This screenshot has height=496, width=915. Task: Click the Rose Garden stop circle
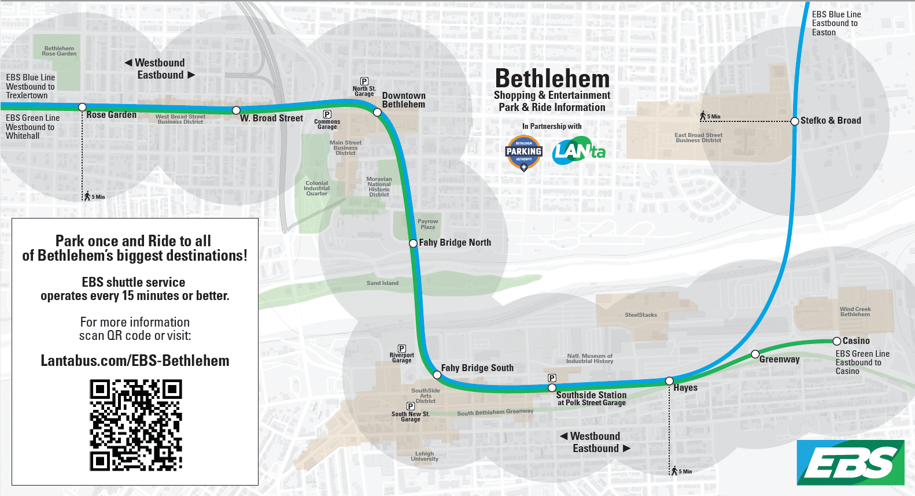tap(82, 108)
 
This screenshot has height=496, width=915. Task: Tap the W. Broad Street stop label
tap(271, 119)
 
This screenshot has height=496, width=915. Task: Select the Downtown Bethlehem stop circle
tap(378, 112)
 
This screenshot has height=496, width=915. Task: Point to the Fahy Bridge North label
tap(455, 243)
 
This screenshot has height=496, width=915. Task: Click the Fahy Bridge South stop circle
tap(437, 375)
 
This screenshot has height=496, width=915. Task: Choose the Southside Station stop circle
tap(552, 388)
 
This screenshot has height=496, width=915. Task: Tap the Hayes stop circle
tap(669, 381)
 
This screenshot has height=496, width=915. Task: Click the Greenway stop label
tap(779, 360)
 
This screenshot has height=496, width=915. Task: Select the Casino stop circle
tap(836, 341)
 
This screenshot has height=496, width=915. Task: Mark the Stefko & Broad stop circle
tap(795, 121)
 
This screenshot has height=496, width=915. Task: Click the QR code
tap(136, 425)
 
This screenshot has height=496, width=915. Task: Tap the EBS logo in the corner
tap(850, 462)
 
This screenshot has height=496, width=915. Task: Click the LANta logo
tap(578, 151)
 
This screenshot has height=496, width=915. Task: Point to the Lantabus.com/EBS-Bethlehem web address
tap(135, 361)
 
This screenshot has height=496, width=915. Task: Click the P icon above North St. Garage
tap(364, 82)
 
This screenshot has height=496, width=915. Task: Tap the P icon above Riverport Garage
tap(401, 349)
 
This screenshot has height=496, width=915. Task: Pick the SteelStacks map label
tap(640, 315)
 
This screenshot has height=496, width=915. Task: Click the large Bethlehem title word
tap(552, 79)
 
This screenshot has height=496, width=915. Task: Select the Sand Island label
tap(382, 283)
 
